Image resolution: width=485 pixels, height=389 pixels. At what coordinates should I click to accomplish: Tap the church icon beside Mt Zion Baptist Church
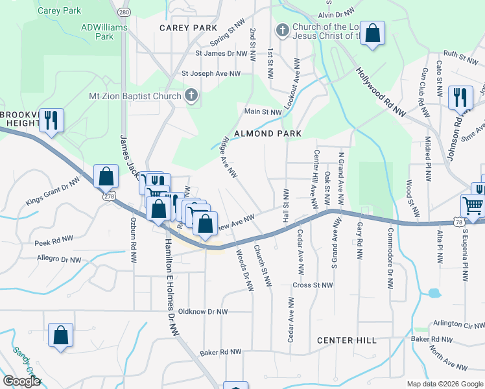(x=191, y=96)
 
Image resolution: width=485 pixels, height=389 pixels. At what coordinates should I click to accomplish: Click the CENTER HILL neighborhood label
(x=347, y=340)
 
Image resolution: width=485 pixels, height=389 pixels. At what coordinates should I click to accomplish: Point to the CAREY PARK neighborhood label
(x=189, y=28)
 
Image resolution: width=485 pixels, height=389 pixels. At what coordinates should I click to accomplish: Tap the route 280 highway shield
(x=124, y=12)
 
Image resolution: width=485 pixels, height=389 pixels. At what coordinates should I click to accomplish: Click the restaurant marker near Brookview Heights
(x=51, y=120)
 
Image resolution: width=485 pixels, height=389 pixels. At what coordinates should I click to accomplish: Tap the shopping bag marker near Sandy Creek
(x=60, y=336)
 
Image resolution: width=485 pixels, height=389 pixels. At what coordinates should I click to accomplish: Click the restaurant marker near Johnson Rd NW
(x=460, y=97)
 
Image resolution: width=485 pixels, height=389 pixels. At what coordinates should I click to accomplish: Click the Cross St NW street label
(x=313, y=285)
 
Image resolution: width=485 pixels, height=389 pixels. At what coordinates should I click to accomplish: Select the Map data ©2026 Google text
(x=444, y=384)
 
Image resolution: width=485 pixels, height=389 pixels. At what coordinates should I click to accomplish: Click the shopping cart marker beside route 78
(x=473, y=206)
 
